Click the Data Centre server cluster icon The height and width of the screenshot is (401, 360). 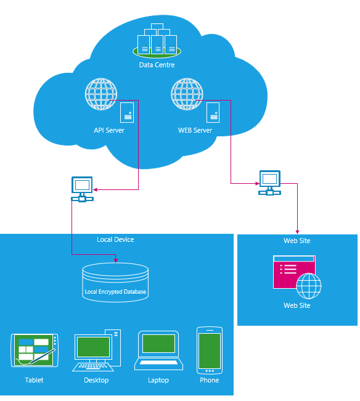point(157,40)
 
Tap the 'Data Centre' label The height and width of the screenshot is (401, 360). point(157,65)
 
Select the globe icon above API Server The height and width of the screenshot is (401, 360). point(101,94)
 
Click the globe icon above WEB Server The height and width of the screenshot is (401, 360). point(187,94)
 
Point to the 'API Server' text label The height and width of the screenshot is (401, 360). point(109,130)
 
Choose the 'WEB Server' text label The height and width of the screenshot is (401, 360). point(195,130)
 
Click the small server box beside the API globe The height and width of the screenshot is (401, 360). point(127,112)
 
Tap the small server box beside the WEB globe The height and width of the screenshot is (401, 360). point(213,112)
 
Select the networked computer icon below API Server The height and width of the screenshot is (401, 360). point(82,189)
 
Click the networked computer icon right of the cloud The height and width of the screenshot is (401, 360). point(270,183)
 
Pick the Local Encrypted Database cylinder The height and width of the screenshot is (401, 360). point(115,283)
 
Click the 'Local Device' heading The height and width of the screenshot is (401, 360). point(115,239)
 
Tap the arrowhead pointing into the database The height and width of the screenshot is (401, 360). point(116,260)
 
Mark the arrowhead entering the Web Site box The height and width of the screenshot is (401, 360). point(297,232)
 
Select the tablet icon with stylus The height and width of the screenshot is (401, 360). point(35,350)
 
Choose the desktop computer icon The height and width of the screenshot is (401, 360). point(97,350)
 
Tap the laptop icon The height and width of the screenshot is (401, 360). point(158,350)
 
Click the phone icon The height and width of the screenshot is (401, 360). point(210,350)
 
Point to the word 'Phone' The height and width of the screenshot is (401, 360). point(209,380)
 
